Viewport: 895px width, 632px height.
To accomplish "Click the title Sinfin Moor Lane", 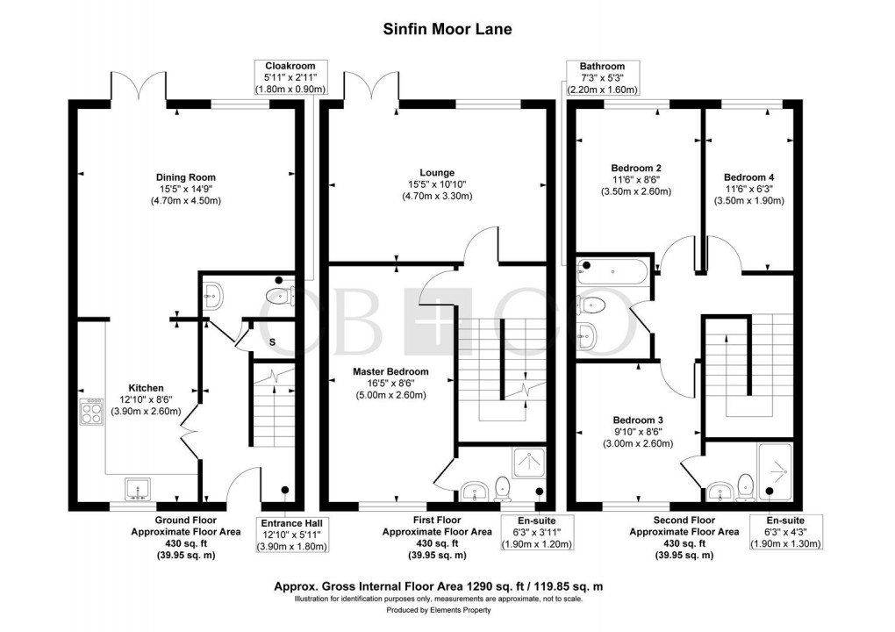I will (447, 28).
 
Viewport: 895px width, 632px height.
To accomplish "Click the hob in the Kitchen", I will (91, 412).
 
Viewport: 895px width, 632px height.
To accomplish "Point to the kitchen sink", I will (138, 489).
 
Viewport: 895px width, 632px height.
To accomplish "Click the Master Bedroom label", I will (390, 371).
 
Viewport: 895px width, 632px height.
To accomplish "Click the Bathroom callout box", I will (602, 77).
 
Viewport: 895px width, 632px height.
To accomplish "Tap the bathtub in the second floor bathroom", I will (612, 270).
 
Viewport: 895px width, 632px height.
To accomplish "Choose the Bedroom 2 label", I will (635, 168).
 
